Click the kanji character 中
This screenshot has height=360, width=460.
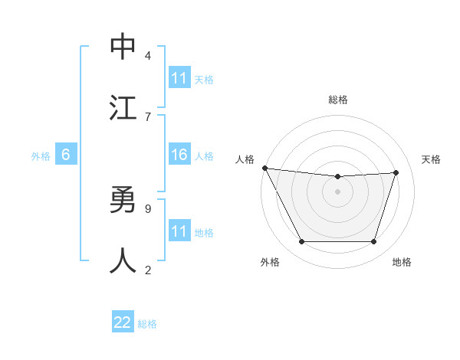123,47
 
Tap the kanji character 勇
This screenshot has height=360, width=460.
123,201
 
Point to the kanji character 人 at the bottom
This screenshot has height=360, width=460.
123,261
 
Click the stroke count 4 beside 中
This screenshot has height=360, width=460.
148,55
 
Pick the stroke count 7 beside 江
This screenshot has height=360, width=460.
148,116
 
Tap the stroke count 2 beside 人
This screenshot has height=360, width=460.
148,270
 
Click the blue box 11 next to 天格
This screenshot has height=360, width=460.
179,78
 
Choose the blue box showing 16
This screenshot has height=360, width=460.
179,155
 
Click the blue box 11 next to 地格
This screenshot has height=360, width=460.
179,231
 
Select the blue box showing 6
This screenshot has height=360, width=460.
66,155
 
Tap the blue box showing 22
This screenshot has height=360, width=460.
123,322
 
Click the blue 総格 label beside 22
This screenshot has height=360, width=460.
147,324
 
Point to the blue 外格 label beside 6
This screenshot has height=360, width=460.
41,156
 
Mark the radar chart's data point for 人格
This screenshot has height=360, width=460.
264,168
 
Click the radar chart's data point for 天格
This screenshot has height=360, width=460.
396,172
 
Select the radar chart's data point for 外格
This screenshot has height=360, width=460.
301,242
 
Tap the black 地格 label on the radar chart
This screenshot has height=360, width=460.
402,263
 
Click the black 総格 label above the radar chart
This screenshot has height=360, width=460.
338,100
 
